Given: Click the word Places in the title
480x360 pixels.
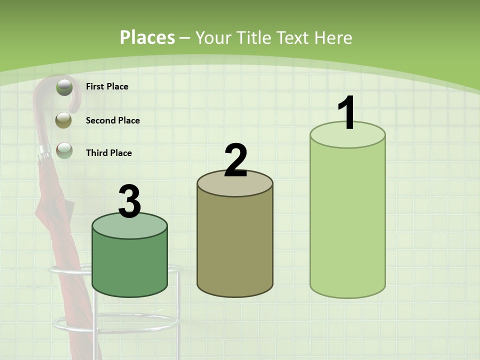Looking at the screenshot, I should (147, 37).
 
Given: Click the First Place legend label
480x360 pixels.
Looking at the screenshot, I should (107, 86).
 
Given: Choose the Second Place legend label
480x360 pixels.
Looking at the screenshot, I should (112, 120).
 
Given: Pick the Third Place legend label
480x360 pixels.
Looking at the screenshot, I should (108, 153).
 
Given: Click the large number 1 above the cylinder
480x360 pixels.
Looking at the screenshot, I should (347, 113).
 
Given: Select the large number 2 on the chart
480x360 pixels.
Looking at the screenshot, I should (235, 160).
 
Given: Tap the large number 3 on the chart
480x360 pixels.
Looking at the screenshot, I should (129, 201).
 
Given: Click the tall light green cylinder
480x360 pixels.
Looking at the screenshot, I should (347, 220).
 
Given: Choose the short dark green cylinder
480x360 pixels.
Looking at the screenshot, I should (129, 265).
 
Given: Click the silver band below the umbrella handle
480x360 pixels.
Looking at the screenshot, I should (44, 150).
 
